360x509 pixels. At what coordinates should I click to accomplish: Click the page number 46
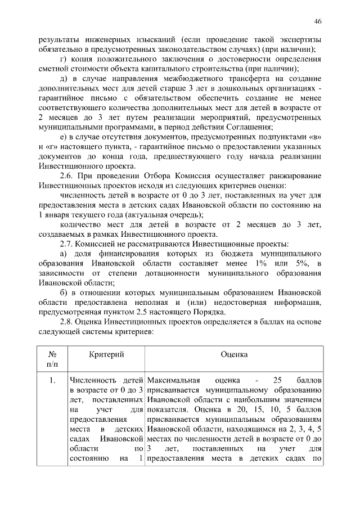(318, 21)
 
